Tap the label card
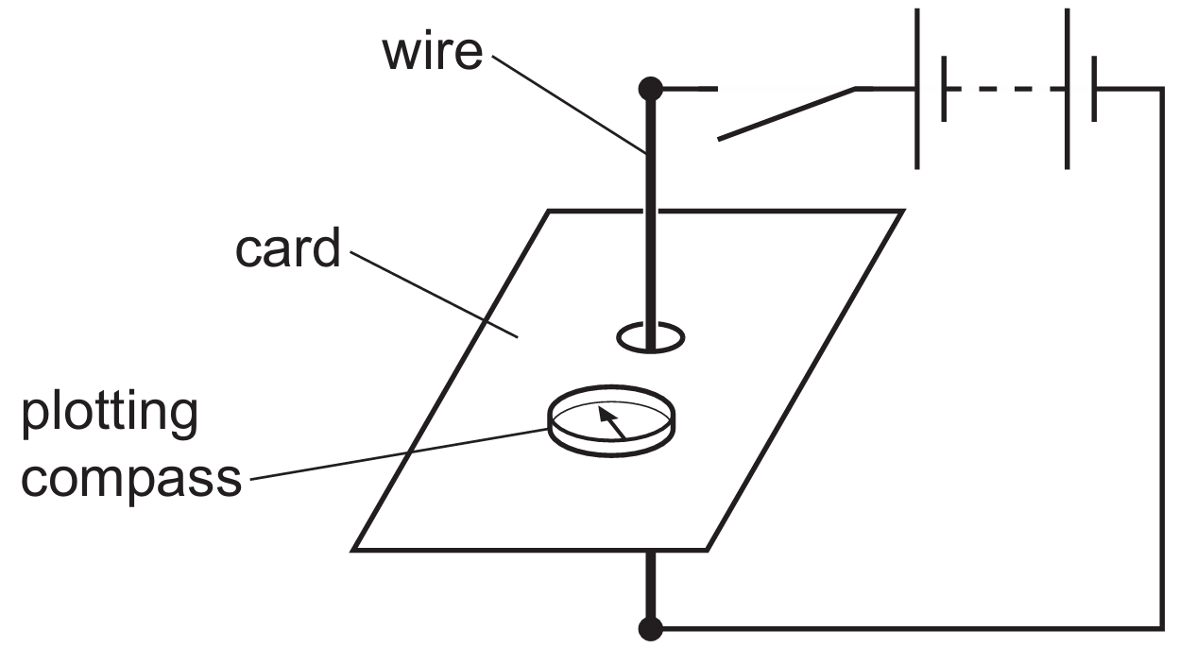287,250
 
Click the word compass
131,478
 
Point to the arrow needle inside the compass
613,420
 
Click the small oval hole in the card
650,336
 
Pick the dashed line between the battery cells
1005,89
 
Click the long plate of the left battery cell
916,89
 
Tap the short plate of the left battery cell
944,89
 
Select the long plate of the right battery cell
1067,89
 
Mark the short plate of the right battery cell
1094,89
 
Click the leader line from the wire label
567,104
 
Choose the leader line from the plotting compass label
397,454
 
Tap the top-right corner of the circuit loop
1162,89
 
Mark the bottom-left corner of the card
354,549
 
